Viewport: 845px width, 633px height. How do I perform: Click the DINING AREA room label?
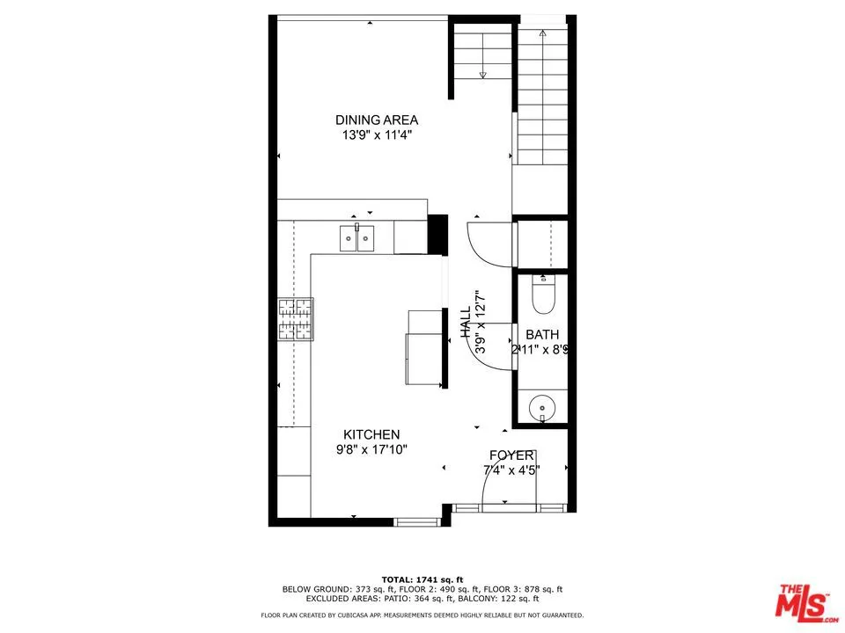pyautogui.click(x=377, y=120)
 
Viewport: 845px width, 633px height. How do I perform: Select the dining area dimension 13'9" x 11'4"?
pyautogui.click(x=377, y=135)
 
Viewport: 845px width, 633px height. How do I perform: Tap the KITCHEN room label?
pyautogui.click(x=371, y=434)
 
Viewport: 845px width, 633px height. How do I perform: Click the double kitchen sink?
pyautogui.click(x=357, y=237)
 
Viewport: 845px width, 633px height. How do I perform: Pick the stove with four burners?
pyautogui.click(x=296, y=319)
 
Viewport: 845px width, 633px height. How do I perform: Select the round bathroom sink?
pyautogui.click(x=541, y=408)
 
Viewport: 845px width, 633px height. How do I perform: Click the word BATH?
pyautogui.click(x=542, y=335)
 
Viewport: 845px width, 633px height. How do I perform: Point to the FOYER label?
pyautogui.click(x=511, y=455)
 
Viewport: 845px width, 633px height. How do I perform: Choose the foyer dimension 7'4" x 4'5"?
pyautogui.click(x=511, y=469)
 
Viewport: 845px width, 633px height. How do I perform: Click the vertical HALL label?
pyautogui.click(x=466, y=322)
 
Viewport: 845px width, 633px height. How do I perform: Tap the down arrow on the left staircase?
pyautogui.click(x=482, y=75)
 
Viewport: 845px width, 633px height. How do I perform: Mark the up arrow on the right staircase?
pyautogui.click(x=543, y=33)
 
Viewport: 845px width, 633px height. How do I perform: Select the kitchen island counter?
pyautogui.click(x=423, y=346)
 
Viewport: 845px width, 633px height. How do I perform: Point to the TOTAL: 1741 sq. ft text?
pyautogui.click(x=422, y=578)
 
